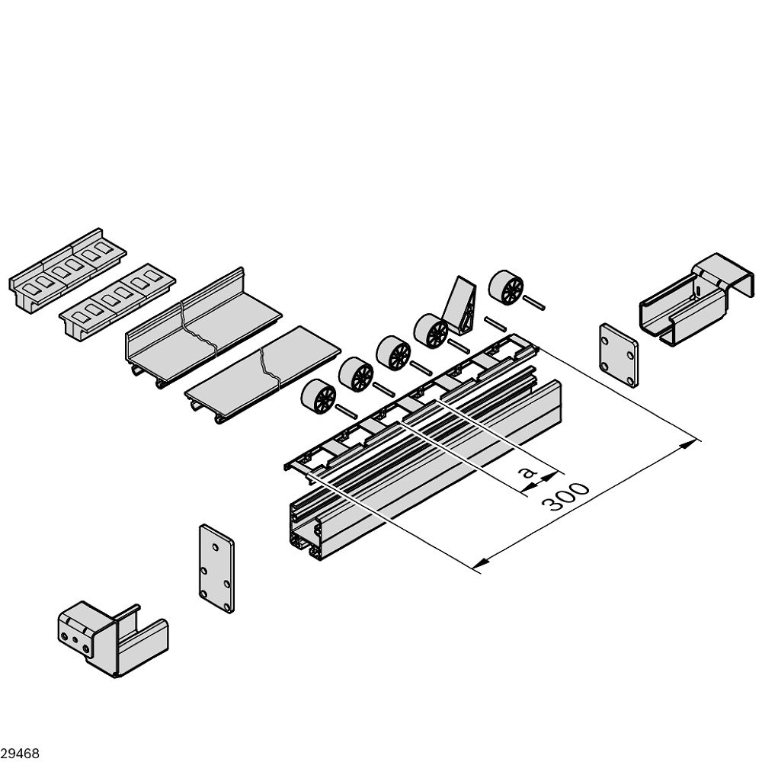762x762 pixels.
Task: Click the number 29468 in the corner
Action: click(20, 754)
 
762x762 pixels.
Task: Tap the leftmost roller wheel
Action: click(319, 397)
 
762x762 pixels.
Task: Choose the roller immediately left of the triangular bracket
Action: click(431, 331)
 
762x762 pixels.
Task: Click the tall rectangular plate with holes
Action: click(216, 568)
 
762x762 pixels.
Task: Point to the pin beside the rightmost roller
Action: click(533, 303)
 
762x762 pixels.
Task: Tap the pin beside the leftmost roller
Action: click(345, 413)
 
